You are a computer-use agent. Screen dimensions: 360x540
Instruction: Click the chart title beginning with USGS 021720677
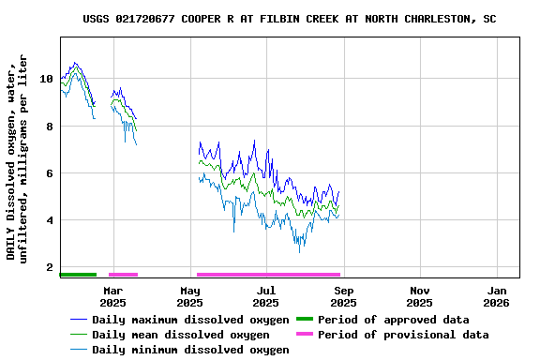[290, 19]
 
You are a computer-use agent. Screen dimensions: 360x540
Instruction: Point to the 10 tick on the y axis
[46, 79]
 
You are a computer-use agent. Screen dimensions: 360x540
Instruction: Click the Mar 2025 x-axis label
[112, 296]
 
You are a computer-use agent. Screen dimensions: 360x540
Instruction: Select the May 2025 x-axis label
[190, 296]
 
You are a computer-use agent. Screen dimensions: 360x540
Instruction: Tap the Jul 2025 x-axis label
[266, 296]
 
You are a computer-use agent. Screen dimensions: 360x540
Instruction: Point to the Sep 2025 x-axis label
[343, 296]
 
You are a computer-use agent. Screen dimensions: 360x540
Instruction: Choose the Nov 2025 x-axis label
[420, 296]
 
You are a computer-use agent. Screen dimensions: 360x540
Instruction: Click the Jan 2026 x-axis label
[496, 296]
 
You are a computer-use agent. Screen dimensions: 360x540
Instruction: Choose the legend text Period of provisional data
[403, 335]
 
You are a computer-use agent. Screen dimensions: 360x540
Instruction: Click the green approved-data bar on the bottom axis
[78, 275]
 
